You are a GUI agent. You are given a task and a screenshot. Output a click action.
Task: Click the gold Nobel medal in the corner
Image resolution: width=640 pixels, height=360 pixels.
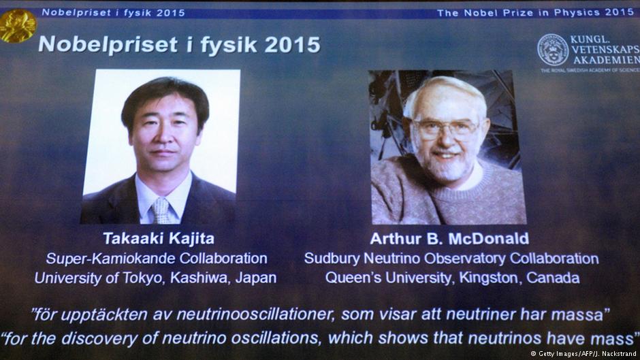click(x=18, y=26)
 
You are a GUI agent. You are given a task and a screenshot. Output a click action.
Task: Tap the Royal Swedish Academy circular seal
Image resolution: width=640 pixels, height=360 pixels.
click(x=553, y=50)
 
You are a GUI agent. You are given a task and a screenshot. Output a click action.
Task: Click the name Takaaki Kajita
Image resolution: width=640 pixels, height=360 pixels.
click(x=159, y=238)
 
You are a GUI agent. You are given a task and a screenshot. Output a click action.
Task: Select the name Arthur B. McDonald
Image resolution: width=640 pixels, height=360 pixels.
click(x=449, y=238)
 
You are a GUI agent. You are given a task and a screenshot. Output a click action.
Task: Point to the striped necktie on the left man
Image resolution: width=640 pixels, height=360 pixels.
click(x=161, y=210)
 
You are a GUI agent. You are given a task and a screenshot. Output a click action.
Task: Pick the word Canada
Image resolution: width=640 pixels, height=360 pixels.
click(x=553, y=278)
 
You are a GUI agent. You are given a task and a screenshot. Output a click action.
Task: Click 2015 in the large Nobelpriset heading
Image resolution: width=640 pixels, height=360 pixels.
click(x=292, y=45)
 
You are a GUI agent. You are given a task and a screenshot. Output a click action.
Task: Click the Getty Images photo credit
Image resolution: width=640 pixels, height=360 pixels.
click(x=583, y=354)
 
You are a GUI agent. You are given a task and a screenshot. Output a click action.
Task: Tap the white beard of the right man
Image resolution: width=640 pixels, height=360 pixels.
click(x=443, y=165)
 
